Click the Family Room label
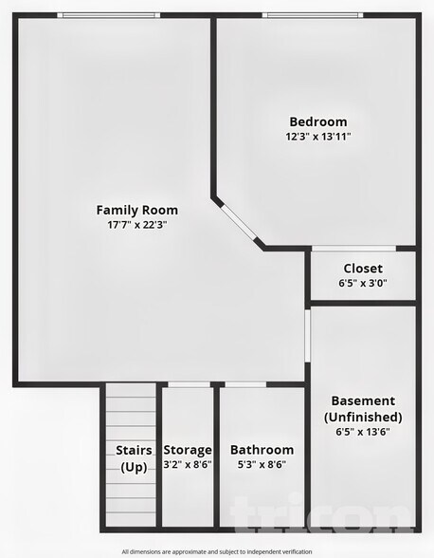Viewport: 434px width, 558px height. click(x=136, y=210)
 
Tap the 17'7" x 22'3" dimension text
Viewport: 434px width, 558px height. click(x=136, y=225)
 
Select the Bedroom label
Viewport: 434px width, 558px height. click(x=317, y=121)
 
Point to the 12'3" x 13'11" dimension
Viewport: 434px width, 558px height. click(x=317, y=137)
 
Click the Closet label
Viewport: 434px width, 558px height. click(x=363, y=269)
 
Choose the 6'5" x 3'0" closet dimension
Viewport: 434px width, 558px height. click(x=363, y=283)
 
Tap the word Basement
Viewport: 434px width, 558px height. click(x=363, y=400)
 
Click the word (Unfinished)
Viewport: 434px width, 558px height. click(x=363, y=417)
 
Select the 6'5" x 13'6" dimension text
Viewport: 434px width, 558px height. click(x=363, y=431)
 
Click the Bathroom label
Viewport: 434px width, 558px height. click(x=262, y=450)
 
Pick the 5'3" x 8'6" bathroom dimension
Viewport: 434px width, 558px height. click(x=262, y=465)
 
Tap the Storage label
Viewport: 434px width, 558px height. click(x=188, y=450)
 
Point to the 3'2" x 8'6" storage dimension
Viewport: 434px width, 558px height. click(x=188, y=465)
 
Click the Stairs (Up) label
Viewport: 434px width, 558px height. click(x=134, y=457)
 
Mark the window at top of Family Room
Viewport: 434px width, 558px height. click(x=108, y=15)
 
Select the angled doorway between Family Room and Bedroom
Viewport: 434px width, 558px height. click(x=238, y=224)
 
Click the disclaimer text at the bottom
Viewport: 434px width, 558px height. click(x=216, y=551)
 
